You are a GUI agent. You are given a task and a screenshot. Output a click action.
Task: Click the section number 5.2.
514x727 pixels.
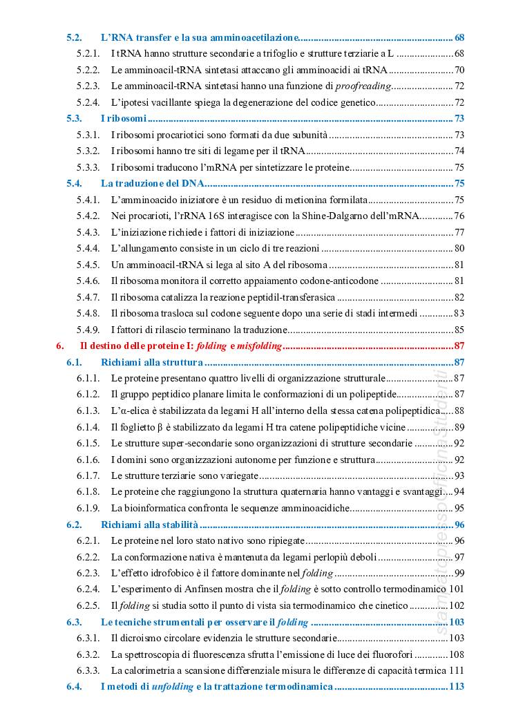[75, 37]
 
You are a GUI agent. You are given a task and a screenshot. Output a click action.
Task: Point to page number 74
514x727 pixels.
[459, 151]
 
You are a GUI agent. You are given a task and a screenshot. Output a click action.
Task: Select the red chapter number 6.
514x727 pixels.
[60, 346]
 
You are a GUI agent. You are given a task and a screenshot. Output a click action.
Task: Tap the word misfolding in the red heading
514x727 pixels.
[258, 346]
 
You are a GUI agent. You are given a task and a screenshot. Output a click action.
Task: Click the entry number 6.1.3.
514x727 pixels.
[88, 410]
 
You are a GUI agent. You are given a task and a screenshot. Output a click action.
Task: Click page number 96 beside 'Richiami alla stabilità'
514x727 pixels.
[459, 525]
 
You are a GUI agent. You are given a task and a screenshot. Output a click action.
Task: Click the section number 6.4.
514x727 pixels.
[75, 687]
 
